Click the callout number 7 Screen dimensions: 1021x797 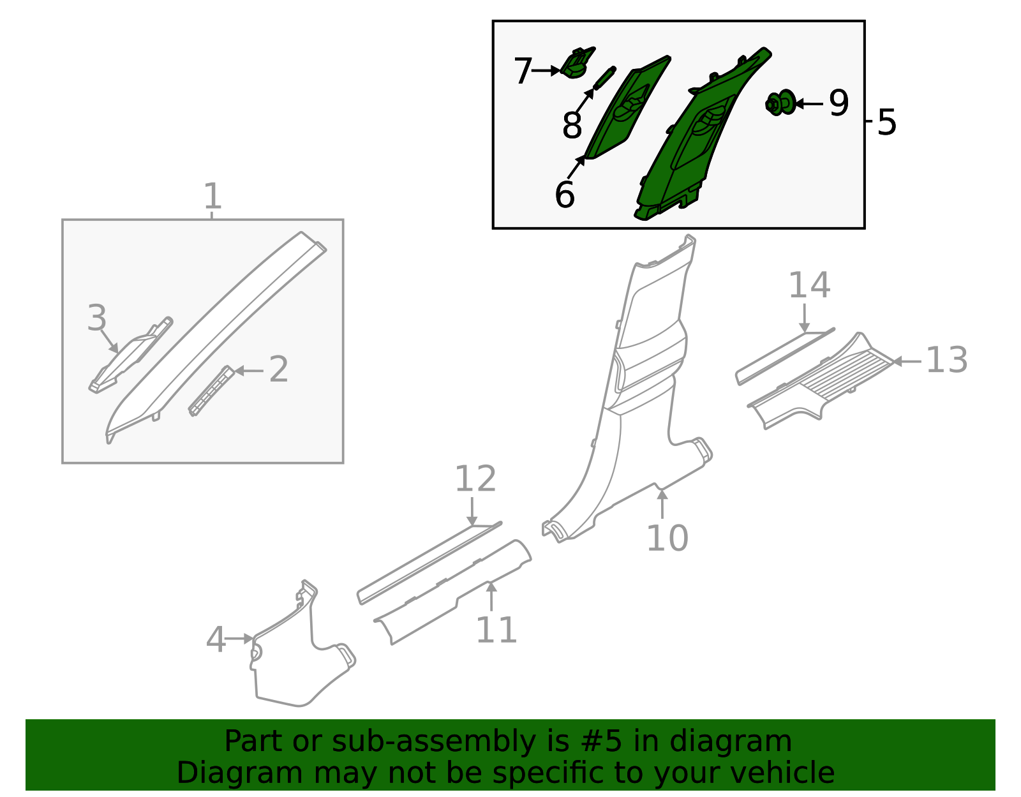coord(523,71)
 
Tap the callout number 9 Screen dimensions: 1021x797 coord(838,103)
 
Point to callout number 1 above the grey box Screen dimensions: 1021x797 coord(212,196)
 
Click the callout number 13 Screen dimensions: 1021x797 coord(946,361)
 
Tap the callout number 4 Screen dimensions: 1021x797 coord(216,639)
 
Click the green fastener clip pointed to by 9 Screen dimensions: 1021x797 coord(780,102)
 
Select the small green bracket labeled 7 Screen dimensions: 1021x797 coord(577,63)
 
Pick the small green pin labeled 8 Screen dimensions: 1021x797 coord(604,78)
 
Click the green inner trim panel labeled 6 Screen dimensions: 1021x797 coord(628,108)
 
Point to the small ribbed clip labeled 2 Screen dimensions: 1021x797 coord(211,391)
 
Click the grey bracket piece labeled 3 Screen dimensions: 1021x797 coord(131,355)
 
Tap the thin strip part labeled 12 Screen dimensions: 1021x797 coord(429,563)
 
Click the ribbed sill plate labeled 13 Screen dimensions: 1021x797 coord(820,382)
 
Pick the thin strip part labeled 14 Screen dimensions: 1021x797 coord(785,357)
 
